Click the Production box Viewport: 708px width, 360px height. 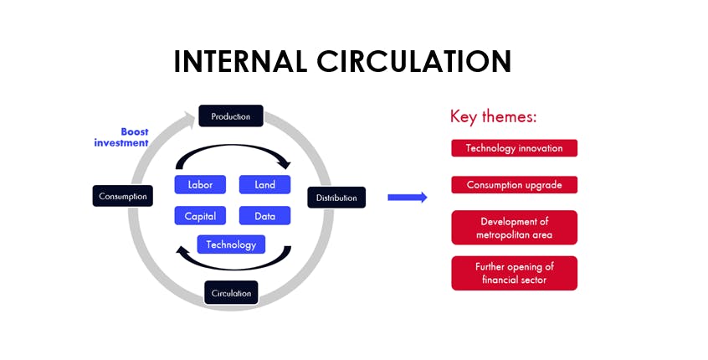[x=231, y=116]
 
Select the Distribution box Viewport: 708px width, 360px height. [x=336, y=198]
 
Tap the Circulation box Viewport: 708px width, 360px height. [x=231, y=293]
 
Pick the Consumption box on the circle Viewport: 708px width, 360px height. [x=123, y=196]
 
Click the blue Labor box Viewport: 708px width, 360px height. [x=200, y=184]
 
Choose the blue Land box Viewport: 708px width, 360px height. [x=264, y=184]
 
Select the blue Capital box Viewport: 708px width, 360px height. [x=200, y=216]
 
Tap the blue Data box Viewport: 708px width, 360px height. [x=264, y=216]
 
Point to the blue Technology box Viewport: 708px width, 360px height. [x=231, y=244]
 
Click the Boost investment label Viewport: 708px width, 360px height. [x=121, y=137]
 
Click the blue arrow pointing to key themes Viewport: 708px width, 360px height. [x=408, y=198]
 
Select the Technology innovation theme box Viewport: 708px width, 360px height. [x=515, y=148]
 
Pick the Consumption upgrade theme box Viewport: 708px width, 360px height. [x=515, y=185]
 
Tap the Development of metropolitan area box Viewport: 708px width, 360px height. [x=515, y=228]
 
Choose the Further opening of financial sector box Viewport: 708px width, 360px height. [x=515, y=273]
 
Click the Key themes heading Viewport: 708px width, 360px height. [x=493, y=116]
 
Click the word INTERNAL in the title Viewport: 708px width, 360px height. [x=240, y=61]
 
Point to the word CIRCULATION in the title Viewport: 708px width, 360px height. [x=414, y=61]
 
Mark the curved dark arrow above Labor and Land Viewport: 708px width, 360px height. [x=233, y=147]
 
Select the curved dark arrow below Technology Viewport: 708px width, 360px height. [x=233, y=267]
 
